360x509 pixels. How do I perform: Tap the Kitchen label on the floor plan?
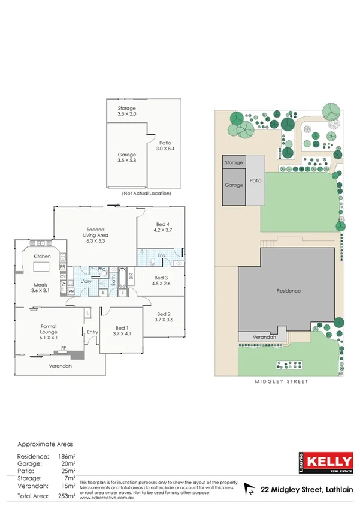41,256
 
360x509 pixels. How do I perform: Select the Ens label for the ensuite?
161,256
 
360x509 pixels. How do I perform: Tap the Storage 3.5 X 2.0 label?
126,111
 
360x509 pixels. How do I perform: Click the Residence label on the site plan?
288,291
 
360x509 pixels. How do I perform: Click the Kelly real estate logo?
325,462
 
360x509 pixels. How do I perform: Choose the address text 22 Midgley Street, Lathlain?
305,490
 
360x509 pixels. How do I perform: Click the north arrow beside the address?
249,490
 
